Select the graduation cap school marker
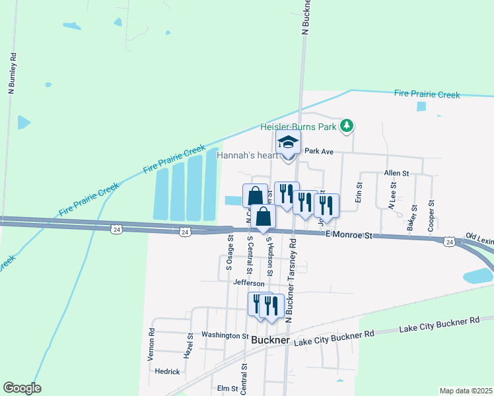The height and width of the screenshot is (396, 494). [289, 143]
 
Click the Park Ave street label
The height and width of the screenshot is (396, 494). [320, 151]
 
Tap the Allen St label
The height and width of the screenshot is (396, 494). [396, 173]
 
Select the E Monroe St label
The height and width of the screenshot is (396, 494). [349, 234]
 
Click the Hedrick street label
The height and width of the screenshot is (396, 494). [167, 371]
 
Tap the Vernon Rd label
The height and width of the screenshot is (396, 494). [152, 344]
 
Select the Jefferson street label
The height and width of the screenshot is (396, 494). [249, 283]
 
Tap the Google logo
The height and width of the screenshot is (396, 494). [22, 388]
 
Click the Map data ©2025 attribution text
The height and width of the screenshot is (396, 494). [466, 391]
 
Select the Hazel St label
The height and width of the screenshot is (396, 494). [188, 345]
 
